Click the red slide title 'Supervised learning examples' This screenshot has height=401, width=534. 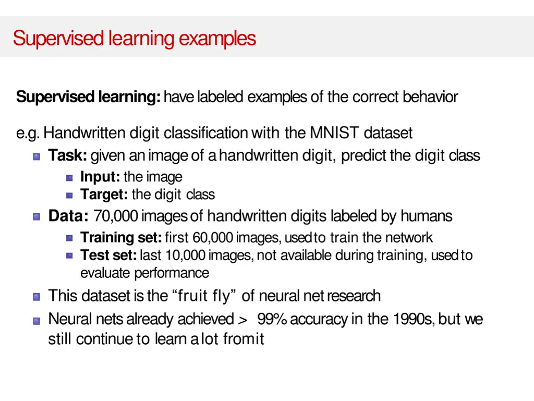tap(135, 38)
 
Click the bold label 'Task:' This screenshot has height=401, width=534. tap(68, 155)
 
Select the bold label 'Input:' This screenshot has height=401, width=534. tap(100, 177)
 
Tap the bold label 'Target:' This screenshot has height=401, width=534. tap(104, 195)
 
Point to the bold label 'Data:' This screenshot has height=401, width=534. tap(68, 216)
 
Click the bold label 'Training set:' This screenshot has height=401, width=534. tap(120, 238)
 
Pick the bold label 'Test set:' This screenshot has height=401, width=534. tap(108, 256)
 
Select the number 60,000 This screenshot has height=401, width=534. tap(212, 238)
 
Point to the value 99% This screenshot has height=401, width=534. tap(272, 319)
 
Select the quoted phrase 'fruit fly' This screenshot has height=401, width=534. tap(203, 296)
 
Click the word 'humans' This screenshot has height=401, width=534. tap(426, 216)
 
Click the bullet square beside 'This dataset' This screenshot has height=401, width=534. tap(36, 297)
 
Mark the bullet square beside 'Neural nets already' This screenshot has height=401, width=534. tap(36, 320)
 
